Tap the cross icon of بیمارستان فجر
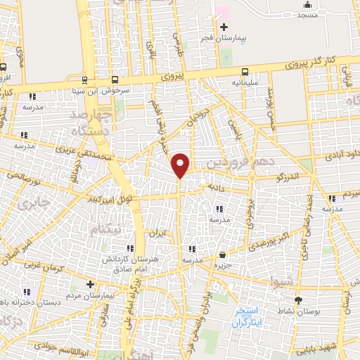pyautogui.click(x=224, y=27)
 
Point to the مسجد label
pyautogui.click(x=307, y=15)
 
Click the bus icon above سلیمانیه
pyautogui.click(x=245, y=71)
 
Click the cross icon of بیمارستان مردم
pyautogui.click(x=90, y=283)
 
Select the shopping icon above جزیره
pyautogui.click(x=223, y=255)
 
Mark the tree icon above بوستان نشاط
pyautogui.click(x=297, y=299)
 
